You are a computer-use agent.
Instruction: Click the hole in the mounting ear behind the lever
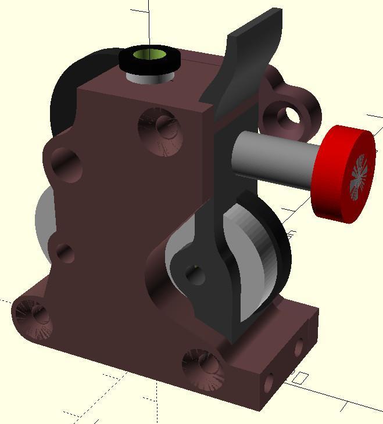coord(289,116)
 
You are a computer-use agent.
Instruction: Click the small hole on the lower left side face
coord(65,253)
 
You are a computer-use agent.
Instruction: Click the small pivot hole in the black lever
coord(194,273)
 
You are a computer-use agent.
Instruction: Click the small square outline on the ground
coord(299,378)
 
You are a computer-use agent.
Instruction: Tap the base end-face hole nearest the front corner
coord(269,382)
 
